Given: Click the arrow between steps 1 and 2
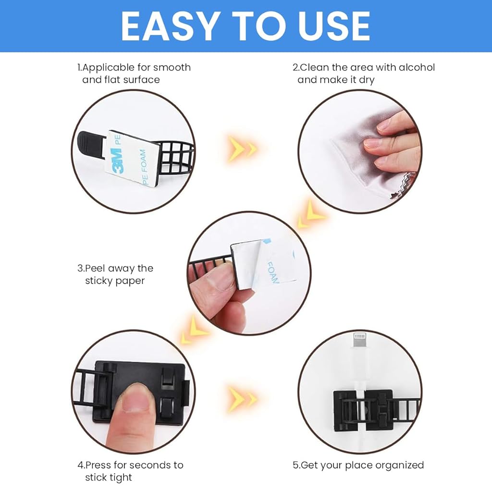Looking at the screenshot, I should (243, 148).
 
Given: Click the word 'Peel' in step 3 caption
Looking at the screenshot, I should (96, 268).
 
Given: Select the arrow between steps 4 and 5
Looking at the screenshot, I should (243, 399).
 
